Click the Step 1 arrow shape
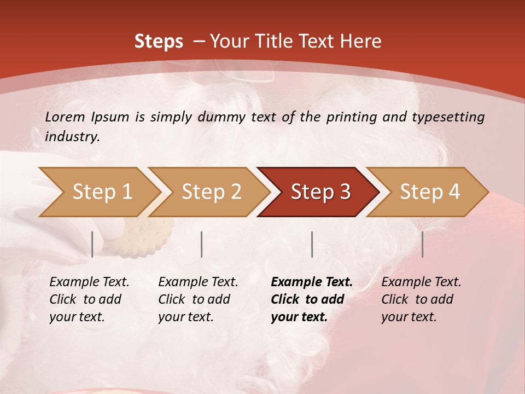102,192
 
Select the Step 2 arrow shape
211,192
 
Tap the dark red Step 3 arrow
320,192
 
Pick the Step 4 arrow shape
430,192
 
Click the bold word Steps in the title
159,42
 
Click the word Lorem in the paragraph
65,117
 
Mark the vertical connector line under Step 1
92,244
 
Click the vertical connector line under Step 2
202,244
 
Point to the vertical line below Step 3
312,244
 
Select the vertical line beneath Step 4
422,244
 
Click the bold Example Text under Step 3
311,299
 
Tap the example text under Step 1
89,299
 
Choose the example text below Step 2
198,299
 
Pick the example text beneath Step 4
421,299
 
